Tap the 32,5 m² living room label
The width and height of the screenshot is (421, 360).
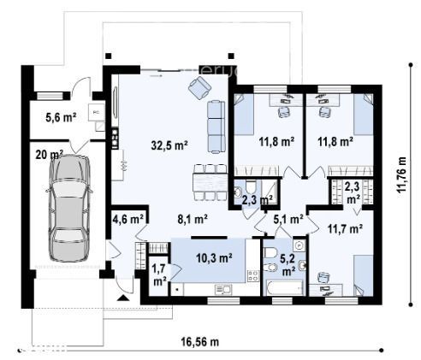click(169, 145)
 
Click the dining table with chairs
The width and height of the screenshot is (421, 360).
click(206, 177)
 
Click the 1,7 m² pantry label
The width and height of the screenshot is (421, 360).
click(160, 274)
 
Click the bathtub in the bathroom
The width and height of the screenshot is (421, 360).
click(282, 288)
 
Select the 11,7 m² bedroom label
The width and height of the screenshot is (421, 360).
click(343, 228)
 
